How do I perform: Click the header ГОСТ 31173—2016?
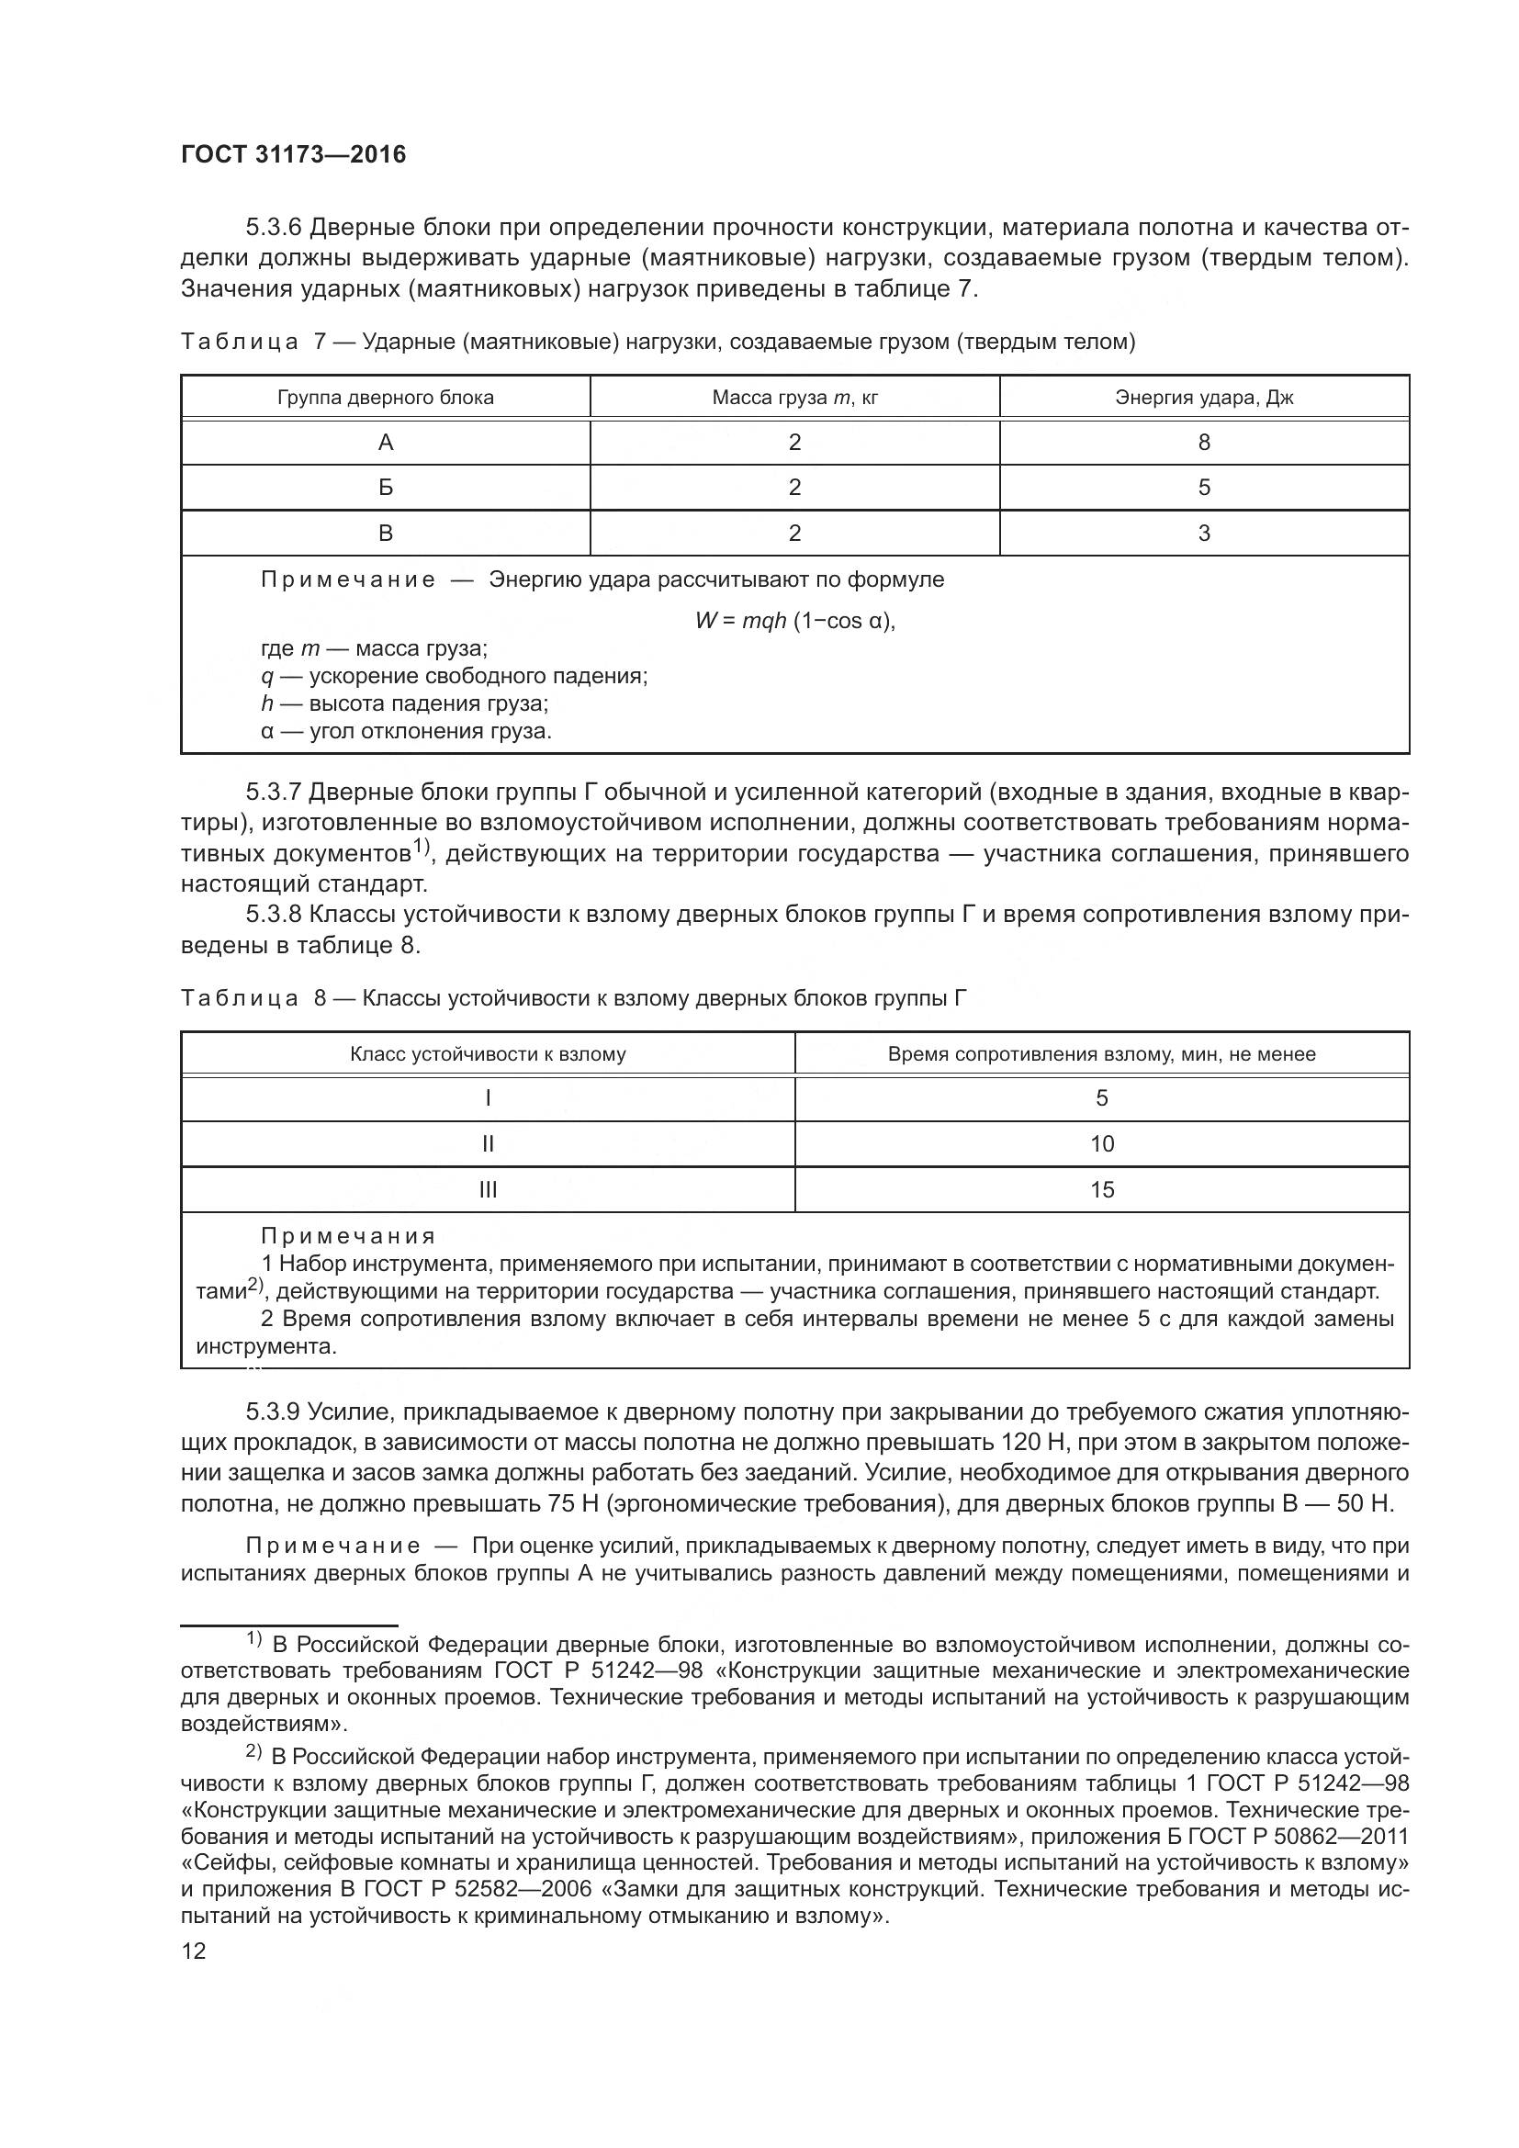[x=294, y=154]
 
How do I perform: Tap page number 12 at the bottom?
[x=194, y=1951]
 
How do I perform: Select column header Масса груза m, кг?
[x=795, y=398]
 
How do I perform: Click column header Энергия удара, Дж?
[x=1204, y=398]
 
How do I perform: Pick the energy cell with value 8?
[x=1204, y=443]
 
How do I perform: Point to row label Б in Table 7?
[x=386, y=488]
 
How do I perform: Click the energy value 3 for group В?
[x=1204, y=534]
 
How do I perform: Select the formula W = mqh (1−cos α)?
[x=795, y=620]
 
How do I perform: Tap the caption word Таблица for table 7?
[x=240, y=343]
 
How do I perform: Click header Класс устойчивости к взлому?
[x=488, y=1054]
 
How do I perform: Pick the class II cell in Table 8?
[x=488, y=1144]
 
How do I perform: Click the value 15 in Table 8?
[x=1102, y=1190]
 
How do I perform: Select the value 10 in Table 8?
[x=1102, y=1144]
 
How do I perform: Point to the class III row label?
[x=488, y=1190]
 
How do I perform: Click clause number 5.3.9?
[x=272, y=1411]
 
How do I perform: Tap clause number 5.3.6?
[x=272, y=228]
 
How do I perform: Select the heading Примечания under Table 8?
[x=348, y=1237]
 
